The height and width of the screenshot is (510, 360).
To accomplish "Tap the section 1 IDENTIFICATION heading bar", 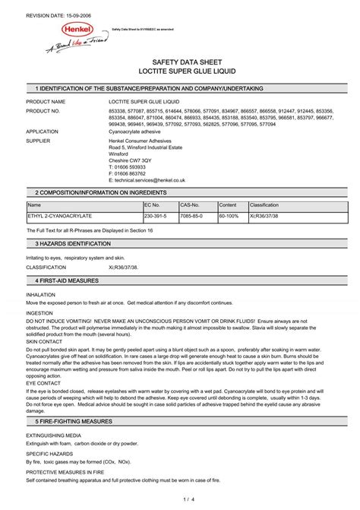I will [180, 89].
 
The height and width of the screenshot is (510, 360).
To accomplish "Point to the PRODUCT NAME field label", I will [46, 101].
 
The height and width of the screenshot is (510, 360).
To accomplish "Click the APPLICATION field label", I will [43, 131].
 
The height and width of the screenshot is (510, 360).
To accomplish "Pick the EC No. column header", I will [152, 205].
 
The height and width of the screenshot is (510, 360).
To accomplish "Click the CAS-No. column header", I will [190, 205].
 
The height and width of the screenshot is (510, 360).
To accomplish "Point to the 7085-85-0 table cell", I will [191, 216].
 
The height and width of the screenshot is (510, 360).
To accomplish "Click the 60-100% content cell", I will [229, 216].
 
